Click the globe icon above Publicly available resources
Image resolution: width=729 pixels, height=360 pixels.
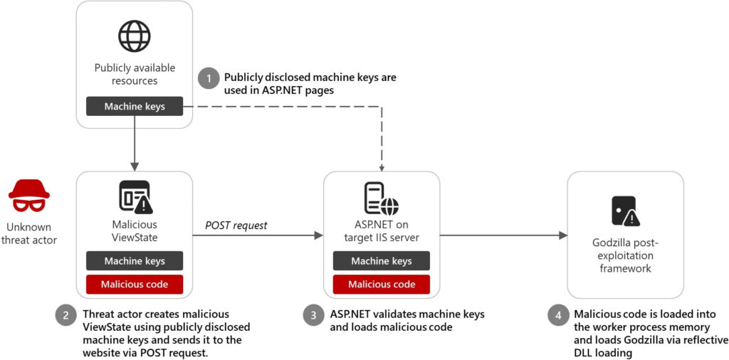point(135,36)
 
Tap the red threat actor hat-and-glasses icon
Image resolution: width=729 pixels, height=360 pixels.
point(28,196)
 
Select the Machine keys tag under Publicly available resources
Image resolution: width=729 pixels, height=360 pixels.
point(135,107)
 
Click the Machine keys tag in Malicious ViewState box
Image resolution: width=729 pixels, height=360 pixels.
point(135,261)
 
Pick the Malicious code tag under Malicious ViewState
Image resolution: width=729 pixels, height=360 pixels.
point(135,285)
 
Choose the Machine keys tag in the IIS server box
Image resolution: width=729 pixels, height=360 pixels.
point(382,261)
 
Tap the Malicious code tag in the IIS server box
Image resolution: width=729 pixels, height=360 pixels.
point(382,285)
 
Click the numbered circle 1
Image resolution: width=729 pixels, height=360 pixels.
point(209,79)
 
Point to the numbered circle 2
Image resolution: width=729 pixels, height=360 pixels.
point(65,315)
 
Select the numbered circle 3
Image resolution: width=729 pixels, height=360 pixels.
point(313,315)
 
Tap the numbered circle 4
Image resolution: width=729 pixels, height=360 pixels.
point(557,315)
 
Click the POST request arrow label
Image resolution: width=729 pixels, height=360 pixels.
point(236,226)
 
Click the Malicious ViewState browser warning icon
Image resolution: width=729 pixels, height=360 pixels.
point(135,196)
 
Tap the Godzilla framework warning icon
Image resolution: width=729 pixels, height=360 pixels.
point(625,211)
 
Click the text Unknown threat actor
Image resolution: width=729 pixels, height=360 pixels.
point(28,233)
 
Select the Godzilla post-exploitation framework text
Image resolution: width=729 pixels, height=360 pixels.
point(625,256)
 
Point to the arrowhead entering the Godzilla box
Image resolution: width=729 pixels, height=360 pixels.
point(563,235)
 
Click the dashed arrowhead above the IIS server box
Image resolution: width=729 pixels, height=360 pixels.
point(382,167)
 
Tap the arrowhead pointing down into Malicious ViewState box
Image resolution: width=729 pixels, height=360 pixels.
point(135,166)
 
